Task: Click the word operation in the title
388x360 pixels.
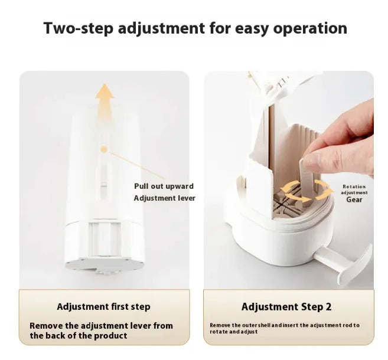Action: tap(309, 28)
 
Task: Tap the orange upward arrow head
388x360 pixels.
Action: tap(105, 93)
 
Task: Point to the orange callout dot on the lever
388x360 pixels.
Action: tap(104, 149)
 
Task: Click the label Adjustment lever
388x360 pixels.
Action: tap(164, 198)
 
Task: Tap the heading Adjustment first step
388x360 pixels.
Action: tap(103, 306)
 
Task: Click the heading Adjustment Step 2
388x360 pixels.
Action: tap(286, 306)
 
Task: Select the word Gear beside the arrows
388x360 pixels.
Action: tap(354, 199)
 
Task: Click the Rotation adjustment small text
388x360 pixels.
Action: tap(354, 189)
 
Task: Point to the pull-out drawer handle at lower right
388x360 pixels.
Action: tap(352, 263)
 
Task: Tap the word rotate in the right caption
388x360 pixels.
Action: tap(220, 332)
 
